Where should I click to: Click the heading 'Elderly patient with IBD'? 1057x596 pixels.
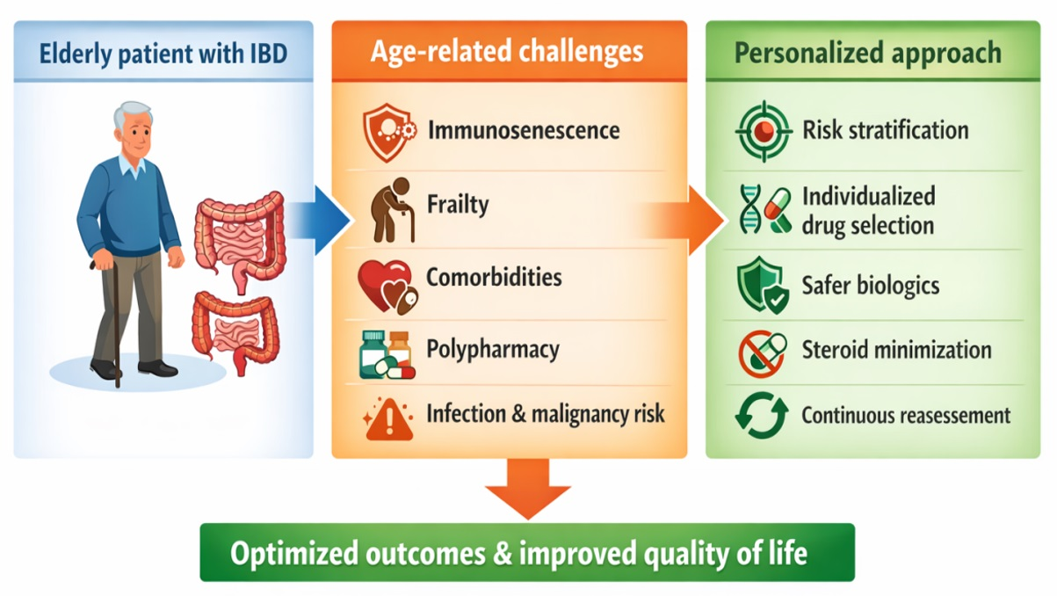pyautogui.click(x=163, y=54)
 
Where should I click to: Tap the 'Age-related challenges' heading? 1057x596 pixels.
pyautogui.click(x=507, y=52)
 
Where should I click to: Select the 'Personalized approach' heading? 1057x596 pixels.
pyautogui.click(x=868, y=54)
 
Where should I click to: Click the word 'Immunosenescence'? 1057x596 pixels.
pyautogui.click(x=524, y=130)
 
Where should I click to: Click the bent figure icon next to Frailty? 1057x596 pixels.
pyautogui.click(x=392, y=210)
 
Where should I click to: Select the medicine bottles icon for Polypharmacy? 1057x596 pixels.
pyautogui.click(x=387, y=355)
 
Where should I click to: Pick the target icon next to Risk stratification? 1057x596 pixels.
pyautogui.click(x=764, y=131)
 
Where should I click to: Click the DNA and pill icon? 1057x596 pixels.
pyautogui.click(x=765, y=210)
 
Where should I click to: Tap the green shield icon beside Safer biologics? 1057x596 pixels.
pyautogui.click(x=763, y=285)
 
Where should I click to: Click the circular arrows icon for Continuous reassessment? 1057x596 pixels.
pyautogui.click(x=762, y=416)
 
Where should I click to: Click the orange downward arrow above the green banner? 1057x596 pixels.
pyautogui.click(x=527, y=489)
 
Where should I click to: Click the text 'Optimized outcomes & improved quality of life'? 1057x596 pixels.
pyautogui.click(x=518, y=553)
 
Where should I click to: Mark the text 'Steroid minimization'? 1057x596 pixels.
pyautogui.click(x=896, y=351)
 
